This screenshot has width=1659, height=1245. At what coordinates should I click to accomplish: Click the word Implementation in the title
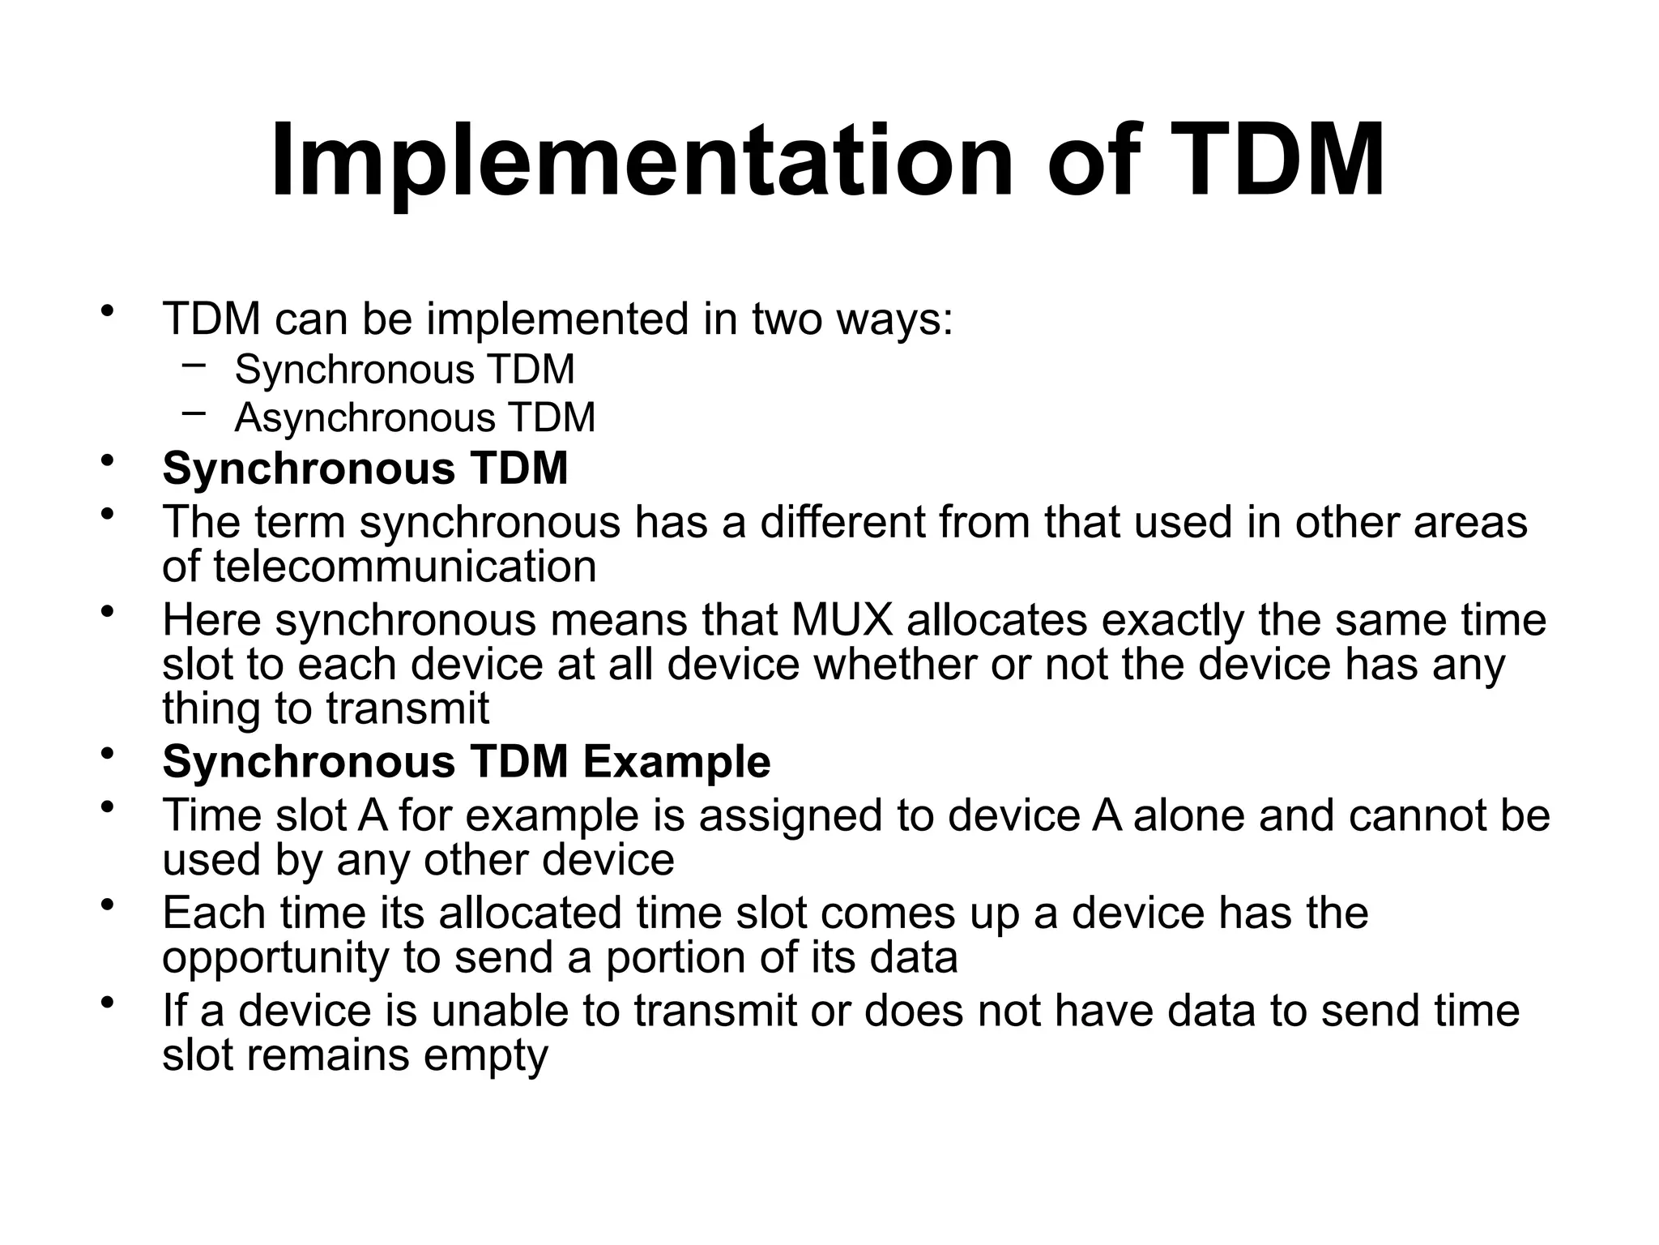[641, 161]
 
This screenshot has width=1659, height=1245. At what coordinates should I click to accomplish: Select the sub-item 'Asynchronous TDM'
[415, 418]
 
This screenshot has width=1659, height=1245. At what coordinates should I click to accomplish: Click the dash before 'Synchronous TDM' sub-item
[194, 365]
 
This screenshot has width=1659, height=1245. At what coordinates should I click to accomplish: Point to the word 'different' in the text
[842, 522]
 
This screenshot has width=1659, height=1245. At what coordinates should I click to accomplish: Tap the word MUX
[842, 620]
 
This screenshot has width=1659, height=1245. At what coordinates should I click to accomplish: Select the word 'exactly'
[1172, 620]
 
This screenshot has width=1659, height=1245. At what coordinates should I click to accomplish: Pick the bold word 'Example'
[676, 763]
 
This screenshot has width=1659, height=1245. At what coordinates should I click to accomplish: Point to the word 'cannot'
[1418, 815]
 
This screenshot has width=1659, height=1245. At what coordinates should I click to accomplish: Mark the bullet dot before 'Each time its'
[106, 906]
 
